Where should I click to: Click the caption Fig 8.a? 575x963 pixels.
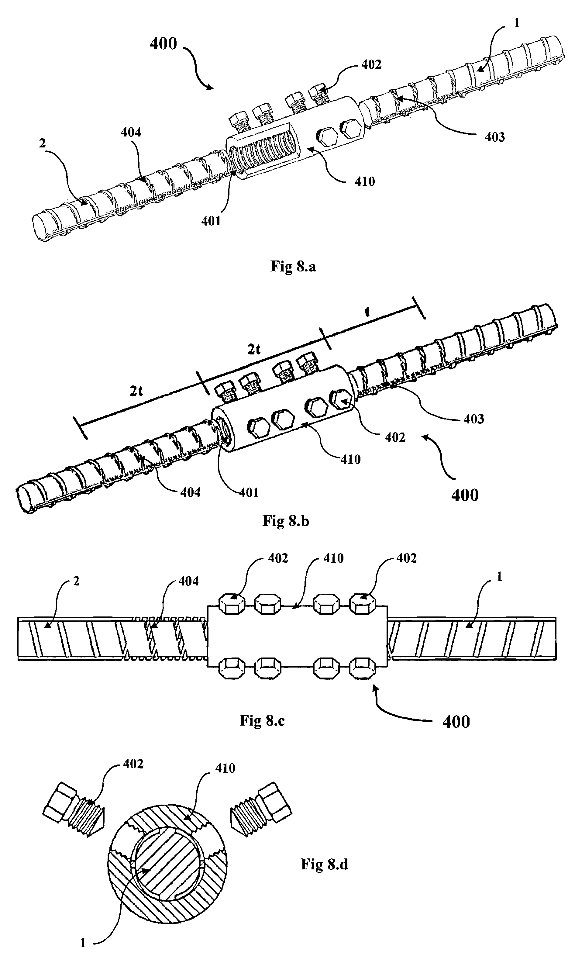pos(293,267)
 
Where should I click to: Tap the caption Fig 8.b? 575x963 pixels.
pos(286,520)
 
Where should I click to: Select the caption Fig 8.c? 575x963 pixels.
pos(262,720)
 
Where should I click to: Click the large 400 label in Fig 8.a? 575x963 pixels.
pos(164,43)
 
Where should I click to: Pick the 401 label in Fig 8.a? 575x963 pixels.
pos(211,221)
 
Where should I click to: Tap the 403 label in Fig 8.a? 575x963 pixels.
pos(495,137)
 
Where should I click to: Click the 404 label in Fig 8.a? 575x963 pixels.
pos(131,133)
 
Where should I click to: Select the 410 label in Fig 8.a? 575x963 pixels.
pos(365,181)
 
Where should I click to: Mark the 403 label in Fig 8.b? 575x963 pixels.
pos(474,419)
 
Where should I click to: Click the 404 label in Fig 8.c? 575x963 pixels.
pos(189,581)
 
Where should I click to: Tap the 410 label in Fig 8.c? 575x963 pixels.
pos(334,558)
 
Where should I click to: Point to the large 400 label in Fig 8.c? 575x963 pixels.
pos(456,722)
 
